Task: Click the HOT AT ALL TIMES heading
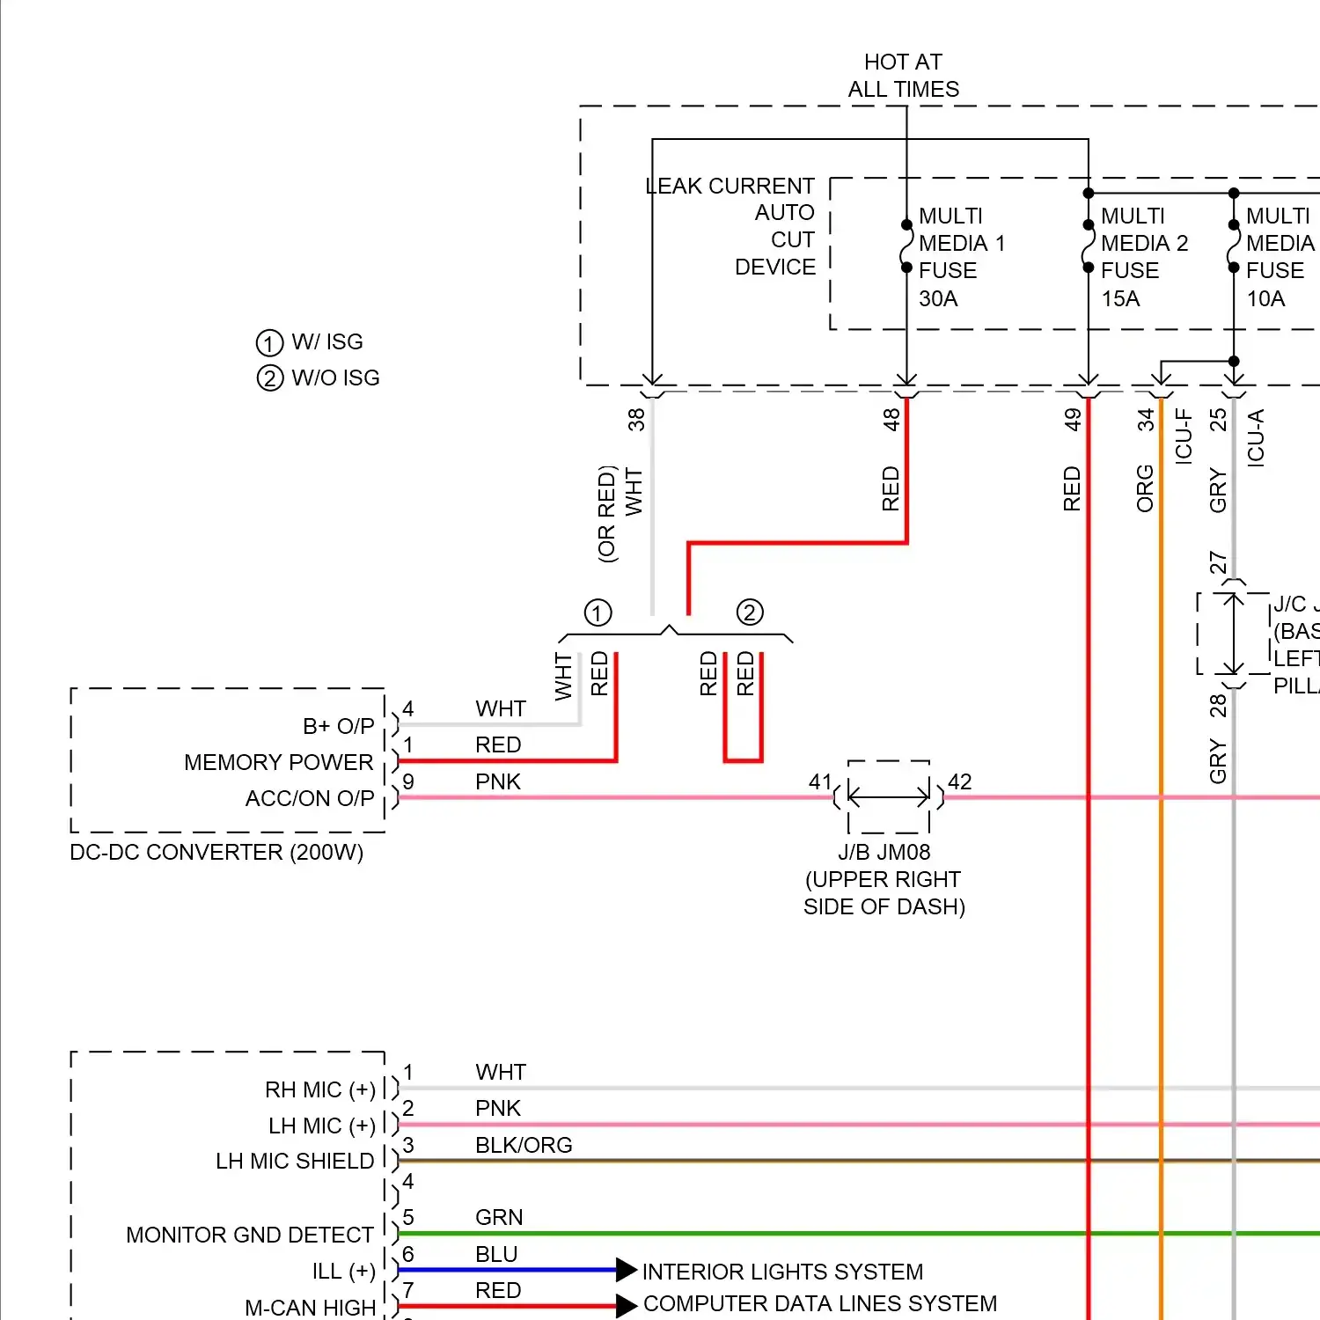point(903,76)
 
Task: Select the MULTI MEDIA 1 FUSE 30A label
point(960,257)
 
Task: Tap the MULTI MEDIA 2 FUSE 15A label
point(1142,257)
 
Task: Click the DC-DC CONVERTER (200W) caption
point(216,853)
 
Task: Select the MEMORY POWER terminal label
point(278,762)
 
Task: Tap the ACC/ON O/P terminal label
point(310,798)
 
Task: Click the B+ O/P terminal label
point(338,726)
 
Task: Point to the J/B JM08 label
point(884,853)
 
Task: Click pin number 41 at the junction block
point(819,781)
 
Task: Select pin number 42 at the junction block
point(960,781)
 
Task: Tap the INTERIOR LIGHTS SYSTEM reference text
point(782,1272)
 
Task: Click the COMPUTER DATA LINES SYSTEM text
point(820,1303)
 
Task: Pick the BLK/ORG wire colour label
point(524,1145)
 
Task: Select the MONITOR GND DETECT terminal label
point(250,1235)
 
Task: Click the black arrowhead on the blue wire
point(626,1270)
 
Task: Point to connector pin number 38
point(636,419)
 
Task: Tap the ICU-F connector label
point(1184,436)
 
